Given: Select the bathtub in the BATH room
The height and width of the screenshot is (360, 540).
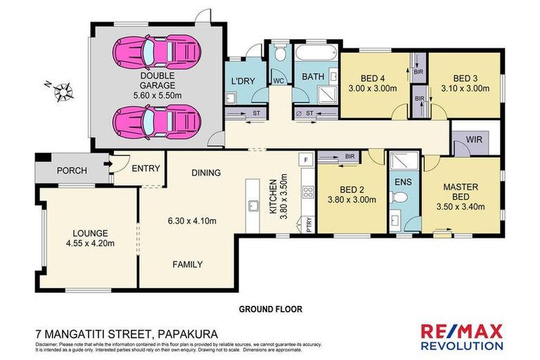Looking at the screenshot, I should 316,54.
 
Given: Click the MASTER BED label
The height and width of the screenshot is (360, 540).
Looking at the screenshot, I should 461,192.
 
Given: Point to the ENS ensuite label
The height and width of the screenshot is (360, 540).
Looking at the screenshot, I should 404,182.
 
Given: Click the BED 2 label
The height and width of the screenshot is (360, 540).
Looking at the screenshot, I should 352,188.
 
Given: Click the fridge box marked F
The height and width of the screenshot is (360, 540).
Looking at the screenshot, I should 306,160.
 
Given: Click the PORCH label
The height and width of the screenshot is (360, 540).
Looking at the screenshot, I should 71,169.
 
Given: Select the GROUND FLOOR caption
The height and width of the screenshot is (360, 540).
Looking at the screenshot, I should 270,308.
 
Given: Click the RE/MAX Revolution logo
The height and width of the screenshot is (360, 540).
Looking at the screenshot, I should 461,336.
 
